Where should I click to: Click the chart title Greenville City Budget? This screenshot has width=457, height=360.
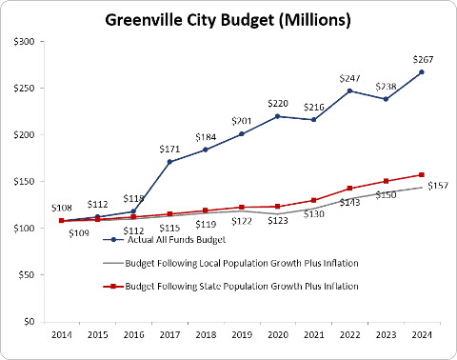tap(228, 20)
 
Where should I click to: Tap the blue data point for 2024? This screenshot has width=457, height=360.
tap(422, 72)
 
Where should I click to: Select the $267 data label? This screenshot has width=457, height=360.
tap(423, 59)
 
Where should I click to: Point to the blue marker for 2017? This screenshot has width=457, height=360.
tap(169, 162)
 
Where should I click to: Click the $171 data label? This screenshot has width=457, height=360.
tap(169, 149)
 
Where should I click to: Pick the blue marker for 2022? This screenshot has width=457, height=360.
tap(349, 90)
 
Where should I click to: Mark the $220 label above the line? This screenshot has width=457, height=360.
tap(278, 104)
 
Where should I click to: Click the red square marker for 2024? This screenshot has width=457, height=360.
tap(422, 175)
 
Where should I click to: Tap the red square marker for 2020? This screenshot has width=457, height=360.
tap(278, 207)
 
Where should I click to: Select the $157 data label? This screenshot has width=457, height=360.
tap(438, 186)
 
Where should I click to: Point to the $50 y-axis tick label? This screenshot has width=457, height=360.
tap(26, 275)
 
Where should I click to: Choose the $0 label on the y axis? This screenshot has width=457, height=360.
tap(29, 322)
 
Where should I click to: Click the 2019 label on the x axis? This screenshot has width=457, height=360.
tap(242, 335)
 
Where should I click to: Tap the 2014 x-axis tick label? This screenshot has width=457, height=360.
tap(62, 335)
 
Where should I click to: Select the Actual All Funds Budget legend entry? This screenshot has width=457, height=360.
tap(165, 240)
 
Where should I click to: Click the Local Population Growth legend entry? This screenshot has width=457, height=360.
tap(230, 263)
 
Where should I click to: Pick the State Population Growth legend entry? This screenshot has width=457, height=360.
tap(230, 287)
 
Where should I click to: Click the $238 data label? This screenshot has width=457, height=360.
tap(387, 87)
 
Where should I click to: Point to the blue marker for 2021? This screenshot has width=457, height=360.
tap(314, 120)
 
